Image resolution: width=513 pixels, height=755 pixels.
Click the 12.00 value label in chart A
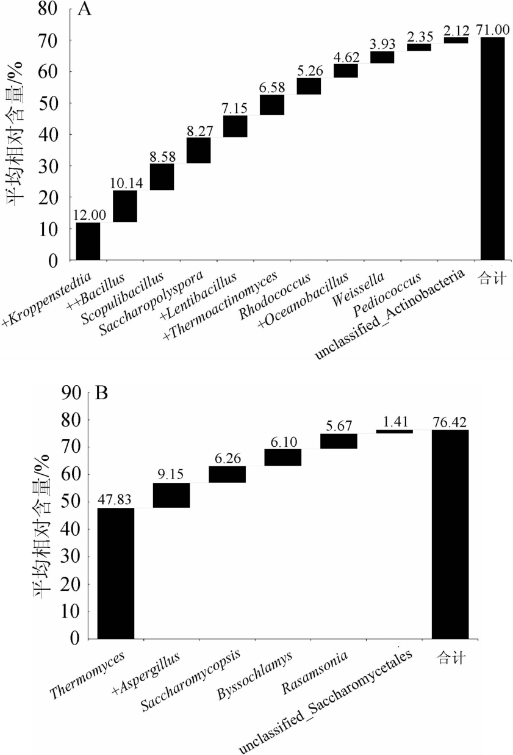pos(88,215)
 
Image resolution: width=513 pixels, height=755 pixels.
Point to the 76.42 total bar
pos(450,534)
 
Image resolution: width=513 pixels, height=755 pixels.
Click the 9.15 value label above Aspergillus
pos(171,475)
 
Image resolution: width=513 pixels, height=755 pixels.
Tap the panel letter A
pos(85,10)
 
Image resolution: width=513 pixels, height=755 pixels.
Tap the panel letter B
pos(102,392)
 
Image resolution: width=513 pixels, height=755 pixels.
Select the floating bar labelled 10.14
pos(125,206)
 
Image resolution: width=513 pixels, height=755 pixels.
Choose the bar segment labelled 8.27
pos(199,150)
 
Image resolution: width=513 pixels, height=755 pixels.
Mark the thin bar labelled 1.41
pos(395,432)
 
